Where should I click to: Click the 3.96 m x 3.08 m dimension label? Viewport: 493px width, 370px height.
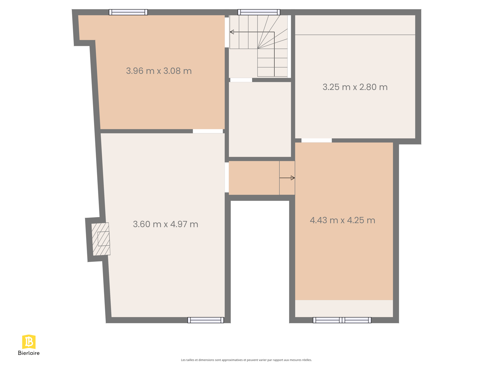(159, 71)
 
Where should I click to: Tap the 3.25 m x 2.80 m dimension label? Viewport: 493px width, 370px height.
(355, 87)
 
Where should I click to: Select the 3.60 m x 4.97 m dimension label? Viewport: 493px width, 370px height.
(165, 224)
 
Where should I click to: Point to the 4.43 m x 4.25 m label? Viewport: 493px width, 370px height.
(342, 220)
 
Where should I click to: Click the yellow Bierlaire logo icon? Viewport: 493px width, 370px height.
(29, 342)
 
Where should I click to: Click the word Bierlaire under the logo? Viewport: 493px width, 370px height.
(29, 353)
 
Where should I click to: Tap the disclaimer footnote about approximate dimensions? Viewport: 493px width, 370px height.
(246, 360)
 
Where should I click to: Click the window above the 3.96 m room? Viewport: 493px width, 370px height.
(128, 12)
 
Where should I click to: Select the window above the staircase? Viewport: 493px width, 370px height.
(259, 12)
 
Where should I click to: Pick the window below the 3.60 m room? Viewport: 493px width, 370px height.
(206, 320)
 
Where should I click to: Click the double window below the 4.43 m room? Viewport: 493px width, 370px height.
(342, 320)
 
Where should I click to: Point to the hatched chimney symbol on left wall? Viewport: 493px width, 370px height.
(101, 239)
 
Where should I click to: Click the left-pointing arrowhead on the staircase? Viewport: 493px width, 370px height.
(232, 32)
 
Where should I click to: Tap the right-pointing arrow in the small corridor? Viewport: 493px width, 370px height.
(287, 178)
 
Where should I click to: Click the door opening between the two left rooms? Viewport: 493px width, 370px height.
(208, 131)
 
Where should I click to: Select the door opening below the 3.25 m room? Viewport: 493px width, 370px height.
(316, 140)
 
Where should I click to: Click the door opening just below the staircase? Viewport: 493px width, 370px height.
(241, 80)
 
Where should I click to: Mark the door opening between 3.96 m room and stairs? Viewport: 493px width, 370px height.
(227, 32)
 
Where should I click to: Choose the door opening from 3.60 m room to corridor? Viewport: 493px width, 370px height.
(227, 178)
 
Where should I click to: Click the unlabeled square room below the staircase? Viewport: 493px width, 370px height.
(260, 120)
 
